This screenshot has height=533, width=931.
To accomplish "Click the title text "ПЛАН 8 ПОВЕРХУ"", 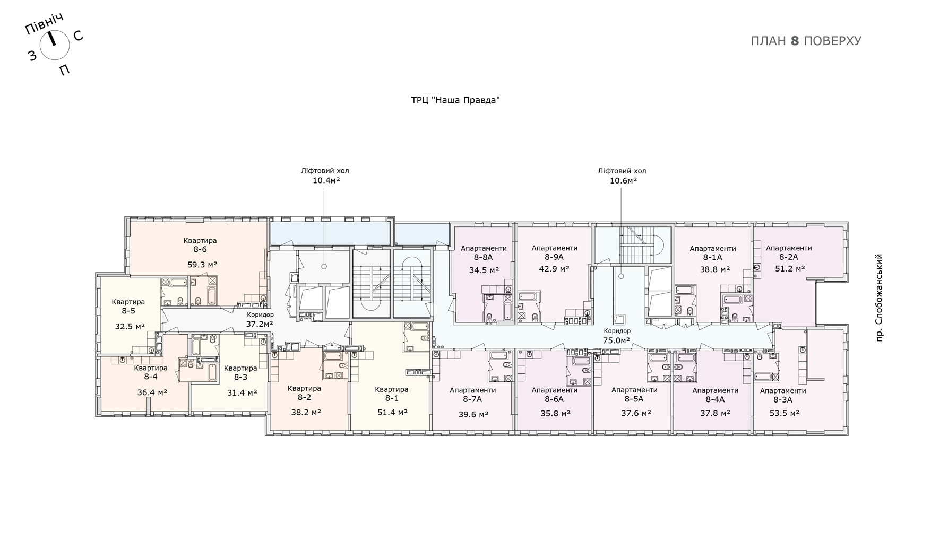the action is click(x=806, y=41).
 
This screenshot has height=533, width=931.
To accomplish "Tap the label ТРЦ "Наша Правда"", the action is click(x=455, y=100).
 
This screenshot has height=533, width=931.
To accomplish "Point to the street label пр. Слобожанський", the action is click(x=879, y=298).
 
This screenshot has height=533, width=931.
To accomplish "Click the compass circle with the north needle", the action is click(x=55, y=45).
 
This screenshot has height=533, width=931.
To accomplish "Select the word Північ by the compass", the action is click(x=45, y=24).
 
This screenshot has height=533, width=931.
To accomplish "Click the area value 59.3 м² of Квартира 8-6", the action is click(x=202, y=264).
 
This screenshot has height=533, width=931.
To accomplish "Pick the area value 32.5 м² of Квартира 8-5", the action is click(x=130, y=326).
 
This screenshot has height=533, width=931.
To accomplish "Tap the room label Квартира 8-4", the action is click(x=151, y=372).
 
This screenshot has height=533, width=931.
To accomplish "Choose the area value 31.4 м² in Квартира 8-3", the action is click(x=242, y=392).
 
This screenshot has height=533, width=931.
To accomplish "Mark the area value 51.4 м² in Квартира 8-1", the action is click(x=392, y=412).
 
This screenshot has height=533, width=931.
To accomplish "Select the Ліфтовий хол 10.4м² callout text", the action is click(x=325, y=176).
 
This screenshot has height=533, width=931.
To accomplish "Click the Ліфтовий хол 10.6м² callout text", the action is click(x=622, y=176).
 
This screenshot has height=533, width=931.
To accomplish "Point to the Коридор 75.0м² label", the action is click(x=617, y=336).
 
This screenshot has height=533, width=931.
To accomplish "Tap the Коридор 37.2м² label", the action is click(x=260, y=319).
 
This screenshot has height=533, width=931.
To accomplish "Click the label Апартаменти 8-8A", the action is click(x=484, y=252).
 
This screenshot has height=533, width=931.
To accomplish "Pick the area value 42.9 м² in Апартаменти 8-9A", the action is click(x=554, y=269).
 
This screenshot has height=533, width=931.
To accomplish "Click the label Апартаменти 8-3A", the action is click(x=783, y=395).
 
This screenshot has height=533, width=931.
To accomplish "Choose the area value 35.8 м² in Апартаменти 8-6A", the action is click(x=555, y=414).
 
